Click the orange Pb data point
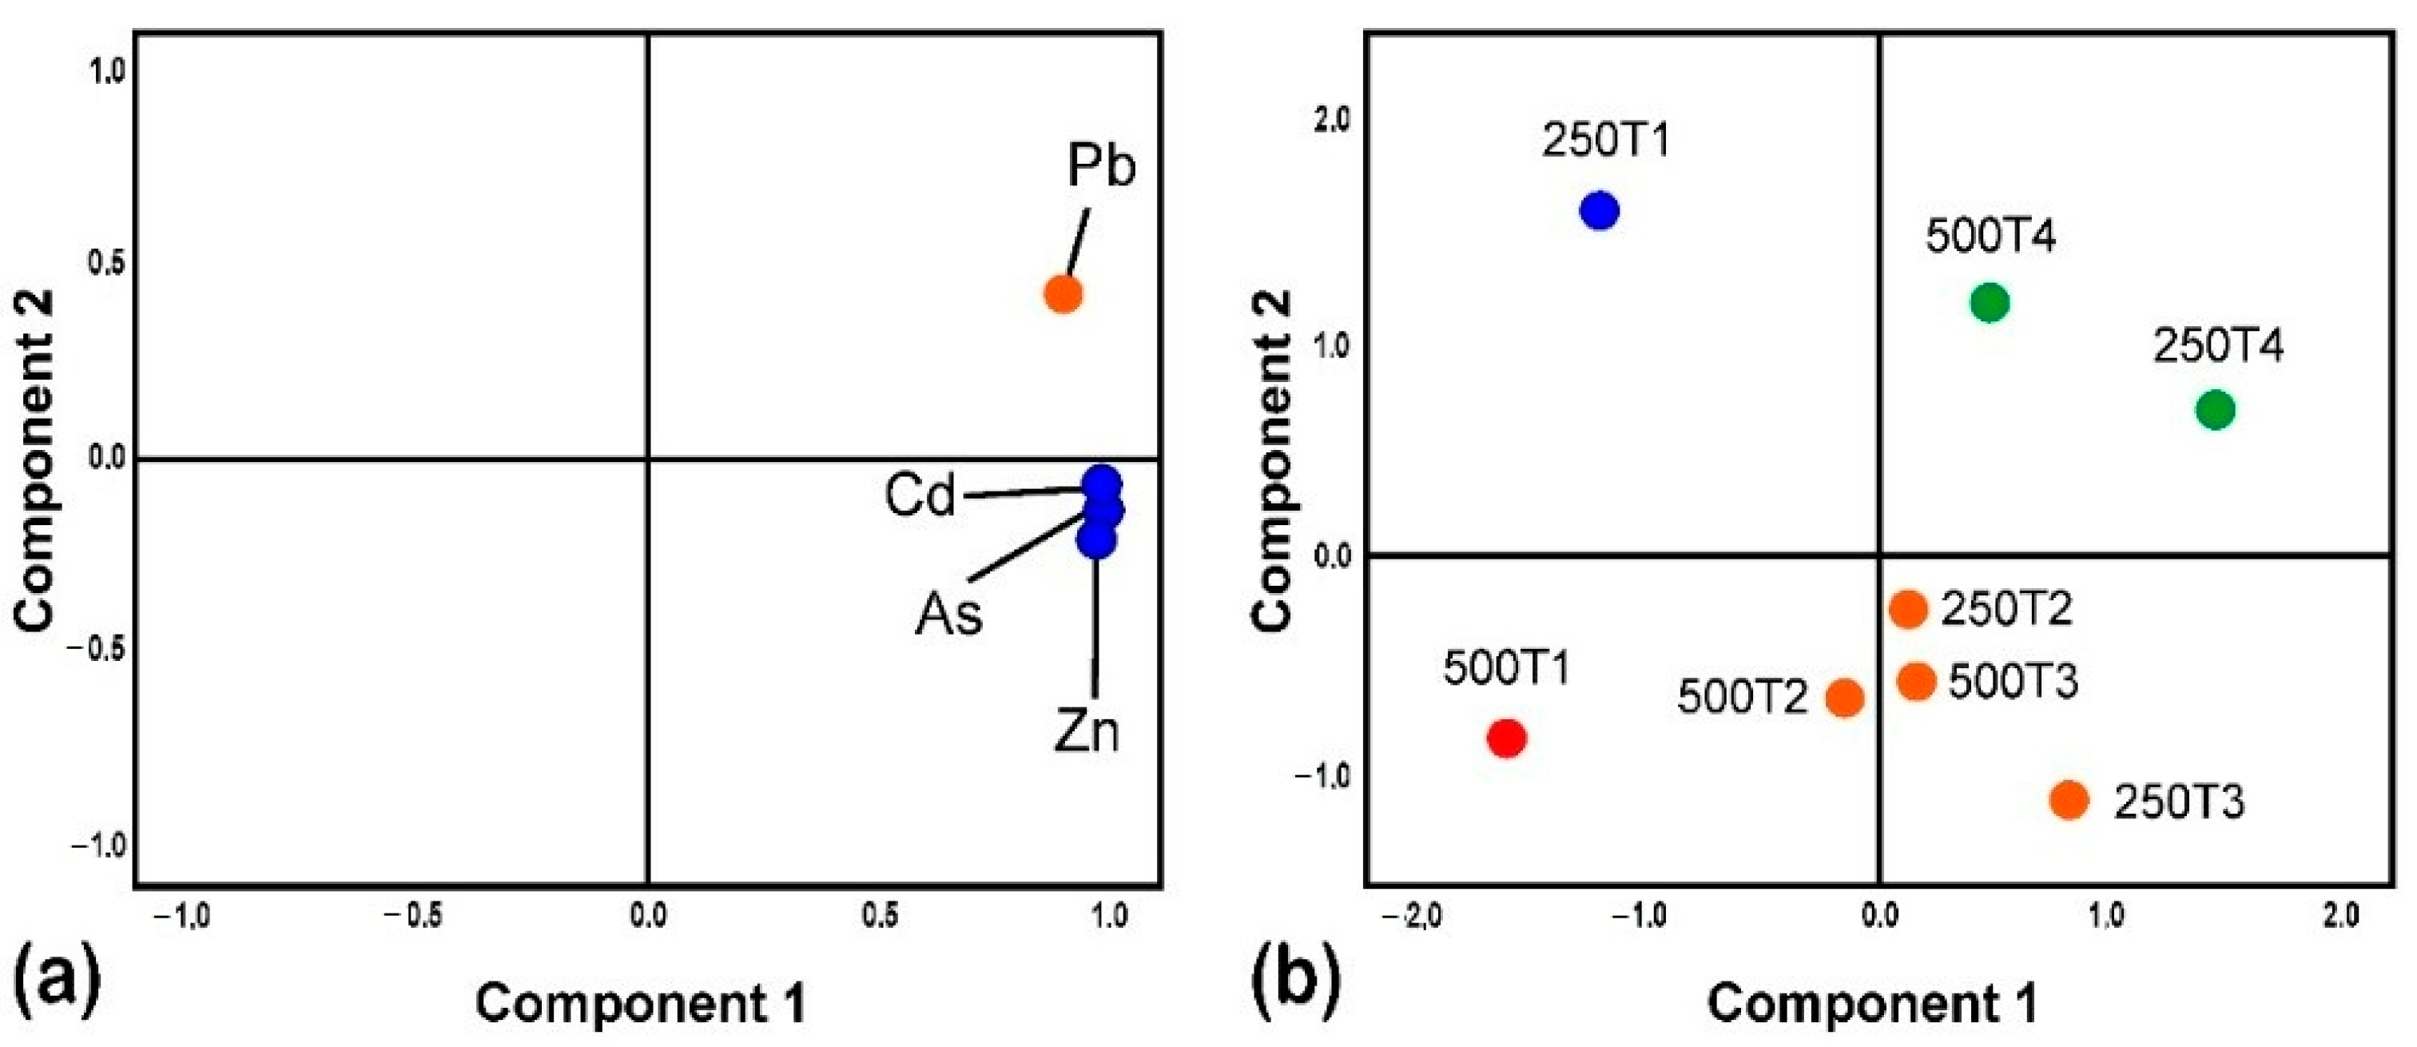[1063, 293]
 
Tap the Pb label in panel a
[1100, 166]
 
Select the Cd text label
[920, 496]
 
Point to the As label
[948, 615]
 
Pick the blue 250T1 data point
[1599, 210]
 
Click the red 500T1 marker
[1507, 738]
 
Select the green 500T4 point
[1990, 303]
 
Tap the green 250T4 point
[2216, 410]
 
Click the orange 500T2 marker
[1845, 698]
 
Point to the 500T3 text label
[2013, 682]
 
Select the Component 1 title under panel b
[1872, 1003]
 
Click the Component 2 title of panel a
[36, 460]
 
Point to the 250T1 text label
[1606, 141]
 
